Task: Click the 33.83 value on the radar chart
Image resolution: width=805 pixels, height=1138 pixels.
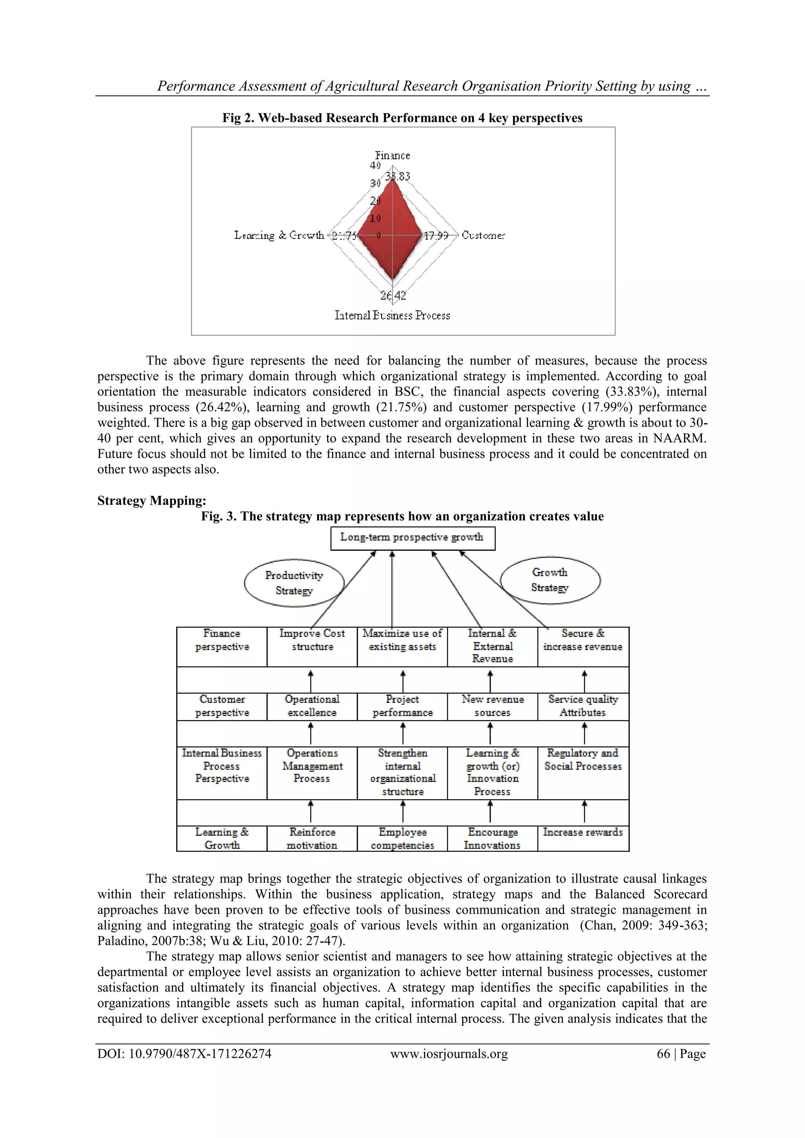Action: pos(398,176)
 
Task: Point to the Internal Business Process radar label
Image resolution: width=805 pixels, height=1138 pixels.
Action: pos(392,316)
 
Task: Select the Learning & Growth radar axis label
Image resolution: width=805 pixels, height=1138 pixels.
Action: pos(279,235)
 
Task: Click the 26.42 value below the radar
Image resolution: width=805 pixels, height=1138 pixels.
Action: pos(393,296)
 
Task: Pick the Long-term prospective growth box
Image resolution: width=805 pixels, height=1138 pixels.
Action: pos(412,538)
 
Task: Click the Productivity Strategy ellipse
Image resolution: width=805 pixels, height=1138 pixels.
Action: pos(294,583)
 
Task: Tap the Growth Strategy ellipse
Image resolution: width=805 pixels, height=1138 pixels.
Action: pos(550,580)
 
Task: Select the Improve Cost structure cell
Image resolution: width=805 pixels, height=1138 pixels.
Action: pos(312,640)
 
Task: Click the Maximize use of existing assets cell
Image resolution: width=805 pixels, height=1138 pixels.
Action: pos(402,640)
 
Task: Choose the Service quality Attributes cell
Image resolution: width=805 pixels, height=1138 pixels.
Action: pos(583,706)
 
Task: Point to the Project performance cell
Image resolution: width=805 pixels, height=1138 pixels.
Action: pos(402,706)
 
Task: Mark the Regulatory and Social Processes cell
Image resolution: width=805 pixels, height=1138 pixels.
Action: pos(583,760)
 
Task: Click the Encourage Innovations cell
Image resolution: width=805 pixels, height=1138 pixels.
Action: pos(492,838)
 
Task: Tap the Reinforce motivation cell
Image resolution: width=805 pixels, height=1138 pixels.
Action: pos(312,838)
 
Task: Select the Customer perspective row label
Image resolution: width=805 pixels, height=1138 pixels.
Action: pos(222,706)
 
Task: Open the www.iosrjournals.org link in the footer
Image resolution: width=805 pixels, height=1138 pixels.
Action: pos(448,1054)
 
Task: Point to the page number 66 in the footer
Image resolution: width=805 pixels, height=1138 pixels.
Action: pos(663,1054)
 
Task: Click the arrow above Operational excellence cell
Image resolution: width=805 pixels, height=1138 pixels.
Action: pos(311,681)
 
